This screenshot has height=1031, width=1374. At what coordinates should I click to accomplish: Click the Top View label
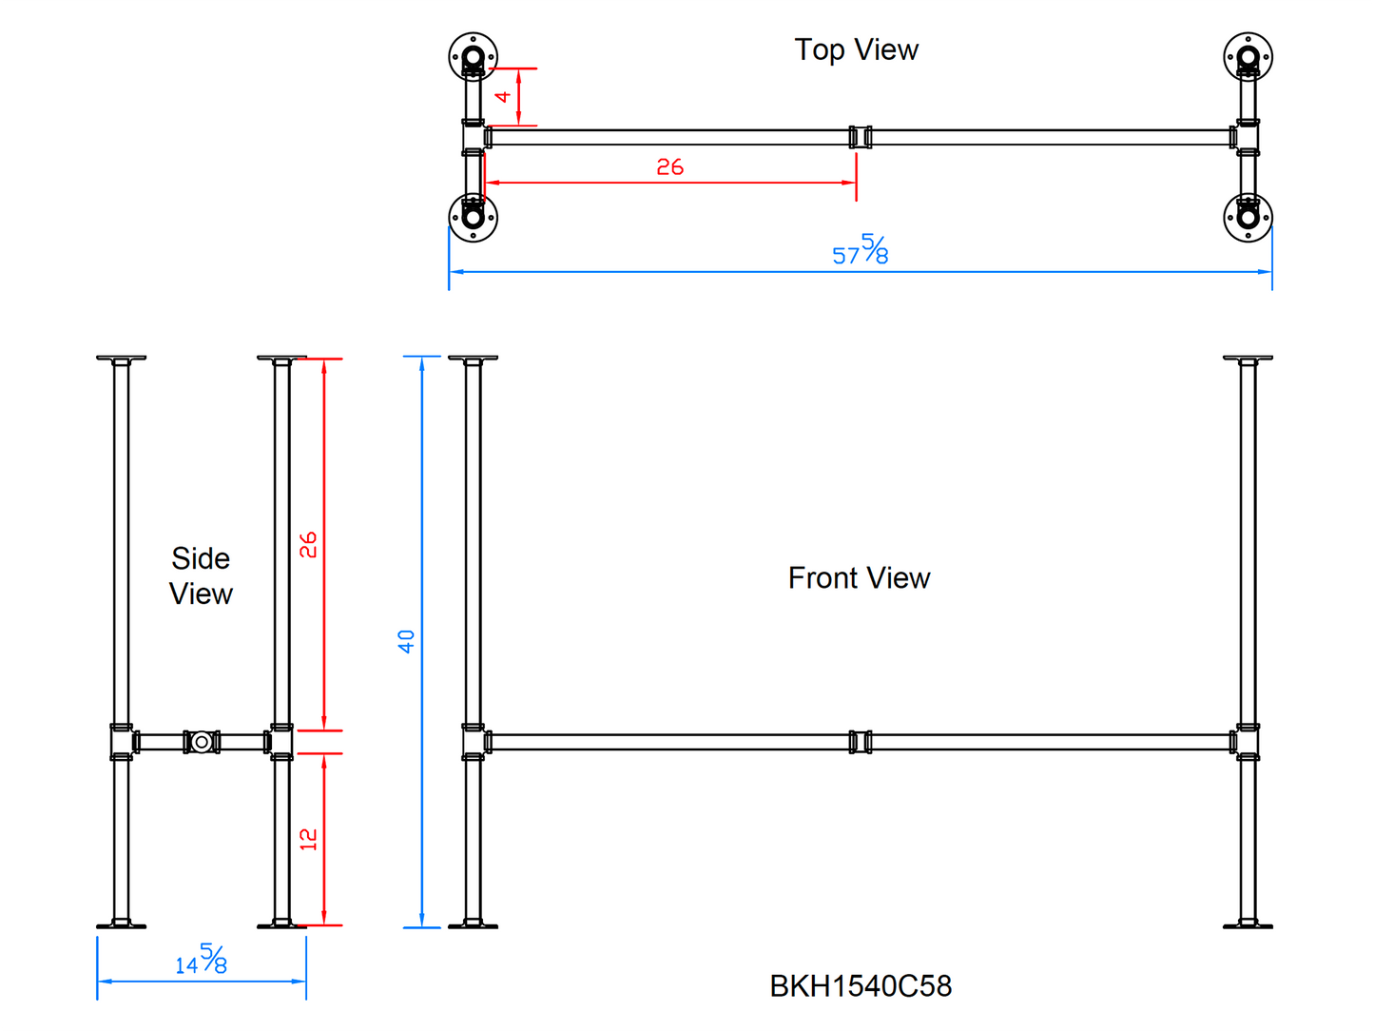coord(856,49)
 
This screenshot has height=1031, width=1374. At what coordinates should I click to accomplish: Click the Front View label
coord(859,577)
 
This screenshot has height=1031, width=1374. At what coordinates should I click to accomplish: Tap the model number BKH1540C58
coord(861,986)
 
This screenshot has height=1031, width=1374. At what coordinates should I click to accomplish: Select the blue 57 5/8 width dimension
coord(860,250)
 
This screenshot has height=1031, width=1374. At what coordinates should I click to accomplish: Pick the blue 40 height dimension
coord(407,641)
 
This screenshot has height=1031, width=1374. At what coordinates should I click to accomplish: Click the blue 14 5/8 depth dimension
coord(202,960)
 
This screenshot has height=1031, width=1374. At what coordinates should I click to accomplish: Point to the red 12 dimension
coord(308,839)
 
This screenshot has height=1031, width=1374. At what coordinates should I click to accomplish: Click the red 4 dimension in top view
coord(503,96)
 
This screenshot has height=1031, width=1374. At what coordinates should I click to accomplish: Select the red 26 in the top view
coord(669,167)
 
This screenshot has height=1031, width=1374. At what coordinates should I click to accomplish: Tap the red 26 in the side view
coord(308,545)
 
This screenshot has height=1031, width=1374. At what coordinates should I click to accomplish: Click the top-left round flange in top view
coord(473,57)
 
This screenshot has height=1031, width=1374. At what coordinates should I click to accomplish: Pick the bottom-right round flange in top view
coord(1248,218)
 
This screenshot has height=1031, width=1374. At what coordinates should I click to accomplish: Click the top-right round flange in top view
coord(1248,57)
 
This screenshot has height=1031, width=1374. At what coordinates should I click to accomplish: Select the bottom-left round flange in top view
coord(473,218)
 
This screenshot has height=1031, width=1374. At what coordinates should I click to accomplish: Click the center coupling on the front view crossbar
coord(861,742)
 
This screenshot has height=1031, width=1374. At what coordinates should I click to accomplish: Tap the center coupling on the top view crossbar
coord(861,137)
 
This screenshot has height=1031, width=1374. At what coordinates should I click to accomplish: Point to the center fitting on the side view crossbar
coord(202,742)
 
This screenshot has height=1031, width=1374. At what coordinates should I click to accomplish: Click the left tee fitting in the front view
coord(474,742)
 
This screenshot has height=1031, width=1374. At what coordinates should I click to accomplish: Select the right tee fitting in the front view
coord(1248,742)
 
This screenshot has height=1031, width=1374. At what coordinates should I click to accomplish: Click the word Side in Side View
coord(201,558)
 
